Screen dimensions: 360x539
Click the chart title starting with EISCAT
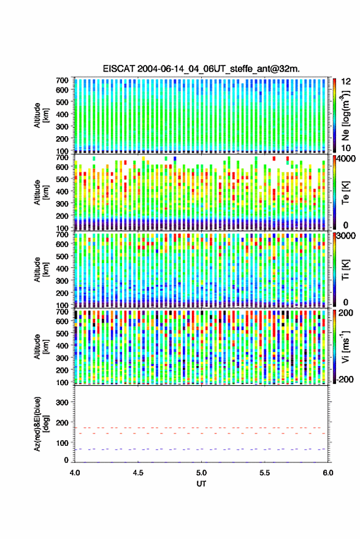(201, 69)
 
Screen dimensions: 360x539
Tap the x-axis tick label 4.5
(138, 473)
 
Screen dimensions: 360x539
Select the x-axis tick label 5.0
(202, 473)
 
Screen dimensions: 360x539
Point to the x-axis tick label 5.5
(265, 473)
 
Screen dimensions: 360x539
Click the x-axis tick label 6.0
(328, 473)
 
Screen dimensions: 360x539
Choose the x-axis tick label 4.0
(75, 473)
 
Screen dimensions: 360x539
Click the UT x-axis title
(202, 484)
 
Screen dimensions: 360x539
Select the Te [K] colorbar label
(345, 193)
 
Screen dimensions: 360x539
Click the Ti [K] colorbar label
(345, 270)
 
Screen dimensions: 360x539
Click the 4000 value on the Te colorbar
(345, 159)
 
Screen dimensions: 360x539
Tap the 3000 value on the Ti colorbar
(345, 236)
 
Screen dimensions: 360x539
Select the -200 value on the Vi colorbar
(345, 380)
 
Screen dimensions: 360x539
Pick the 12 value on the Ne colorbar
(346, 82)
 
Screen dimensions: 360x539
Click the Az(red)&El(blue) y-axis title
(41, 424)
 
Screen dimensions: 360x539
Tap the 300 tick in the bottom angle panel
(62, 402)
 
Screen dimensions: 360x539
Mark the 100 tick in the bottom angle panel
(62, 443)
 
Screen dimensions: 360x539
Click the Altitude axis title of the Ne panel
(41, 115)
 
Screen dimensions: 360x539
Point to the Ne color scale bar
(334, 115)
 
